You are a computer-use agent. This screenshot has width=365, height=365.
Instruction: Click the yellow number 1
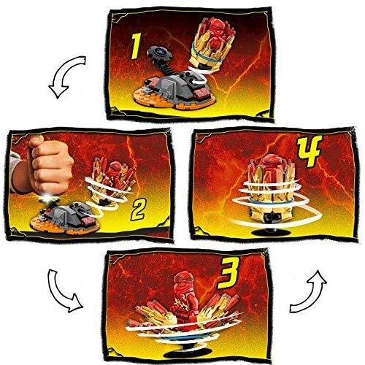click(136, 47)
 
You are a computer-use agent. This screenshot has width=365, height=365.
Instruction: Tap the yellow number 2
click(138, 210)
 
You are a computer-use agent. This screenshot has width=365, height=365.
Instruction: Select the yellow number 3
click(228, 273)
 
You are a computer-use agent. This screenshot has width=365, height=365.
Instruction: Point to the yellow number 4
click(310, 150)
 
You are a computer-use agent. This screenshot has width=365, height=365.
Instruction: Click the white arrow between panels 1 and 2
click(64, 74)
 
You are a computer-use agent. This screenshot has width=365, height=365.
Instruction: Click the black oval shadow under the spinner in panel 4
click(270, 232)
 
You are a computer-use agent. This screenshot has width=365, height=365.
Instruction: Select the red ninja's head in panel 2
click(114, 168)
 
